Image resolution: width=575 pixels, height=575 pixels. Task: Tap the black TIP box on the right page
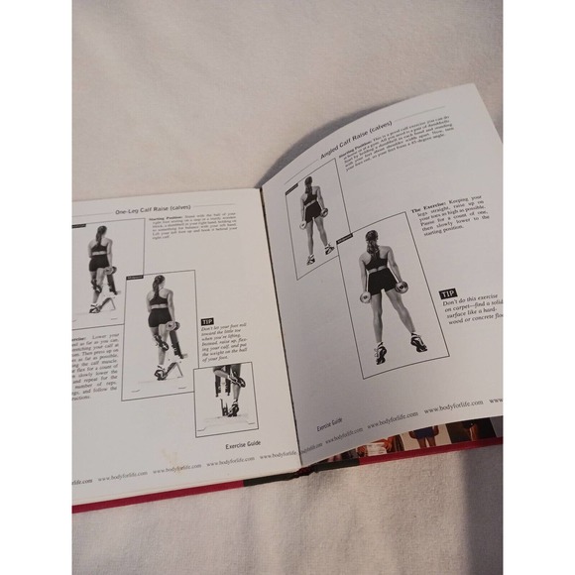(448, 294)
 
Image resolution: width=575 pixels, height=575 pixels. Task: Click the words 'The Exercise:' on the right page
(429, 211)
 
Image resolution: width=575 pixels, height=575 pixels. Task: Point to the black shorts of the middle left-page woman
(159, 317)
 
